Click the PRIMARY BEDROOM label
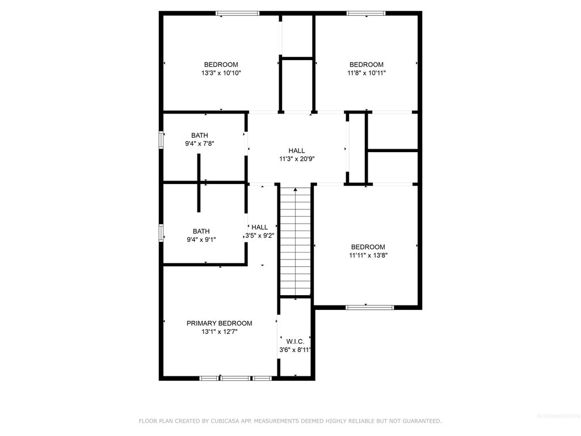click(219, 323)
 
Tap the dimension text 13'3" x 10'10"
click(221, 73)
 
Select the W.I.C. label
click(295, 341)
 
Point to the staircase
click(295, 241)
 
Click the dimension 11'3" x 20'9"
click(296, 159)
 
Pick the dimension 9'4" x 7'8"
click(199, 144)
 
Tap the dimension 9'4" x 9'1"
click(201, 240)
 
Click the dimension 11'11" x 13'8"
click(368, 255)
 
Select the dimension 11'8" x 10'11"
click(366, 73)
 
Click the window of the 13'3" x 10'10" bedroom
click(237, 13)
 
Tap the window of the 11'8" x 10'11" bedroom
click(366, 13)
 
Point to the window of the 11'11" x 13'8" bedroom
click(369, 307)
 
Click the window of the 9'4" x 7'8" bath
click(161, 140)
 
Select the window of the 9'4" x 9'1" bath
click(161, 233)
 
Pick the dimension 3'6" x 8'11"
click(295, 350)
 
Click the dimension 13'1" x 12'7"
click(219, 332)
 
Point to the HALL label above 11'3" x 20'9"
click(296, 150)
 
